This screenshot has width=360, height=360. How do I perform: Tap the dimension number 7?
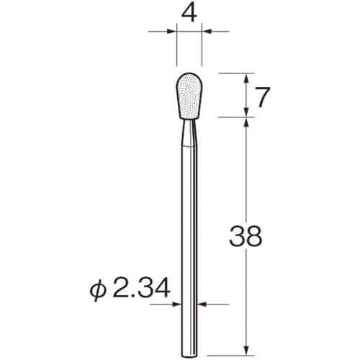point(263,96)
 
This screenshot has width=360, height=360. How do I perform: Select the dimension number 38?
point(246,236)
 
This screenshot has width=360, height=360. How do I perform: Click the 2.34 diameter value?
point(142,287)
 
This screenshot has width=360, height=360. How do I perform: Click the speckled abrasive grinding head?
point(189,96)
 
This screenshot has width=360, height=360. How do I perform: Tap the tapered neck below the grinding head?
point(189,132)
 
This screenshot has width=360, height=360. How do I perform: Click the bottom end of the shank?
point(189,356)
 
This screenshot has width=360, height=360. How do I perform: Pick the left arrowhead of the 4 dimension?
point(171,32)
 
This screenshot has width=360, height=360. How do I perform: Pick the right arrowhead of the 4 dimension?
point(207,32)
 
